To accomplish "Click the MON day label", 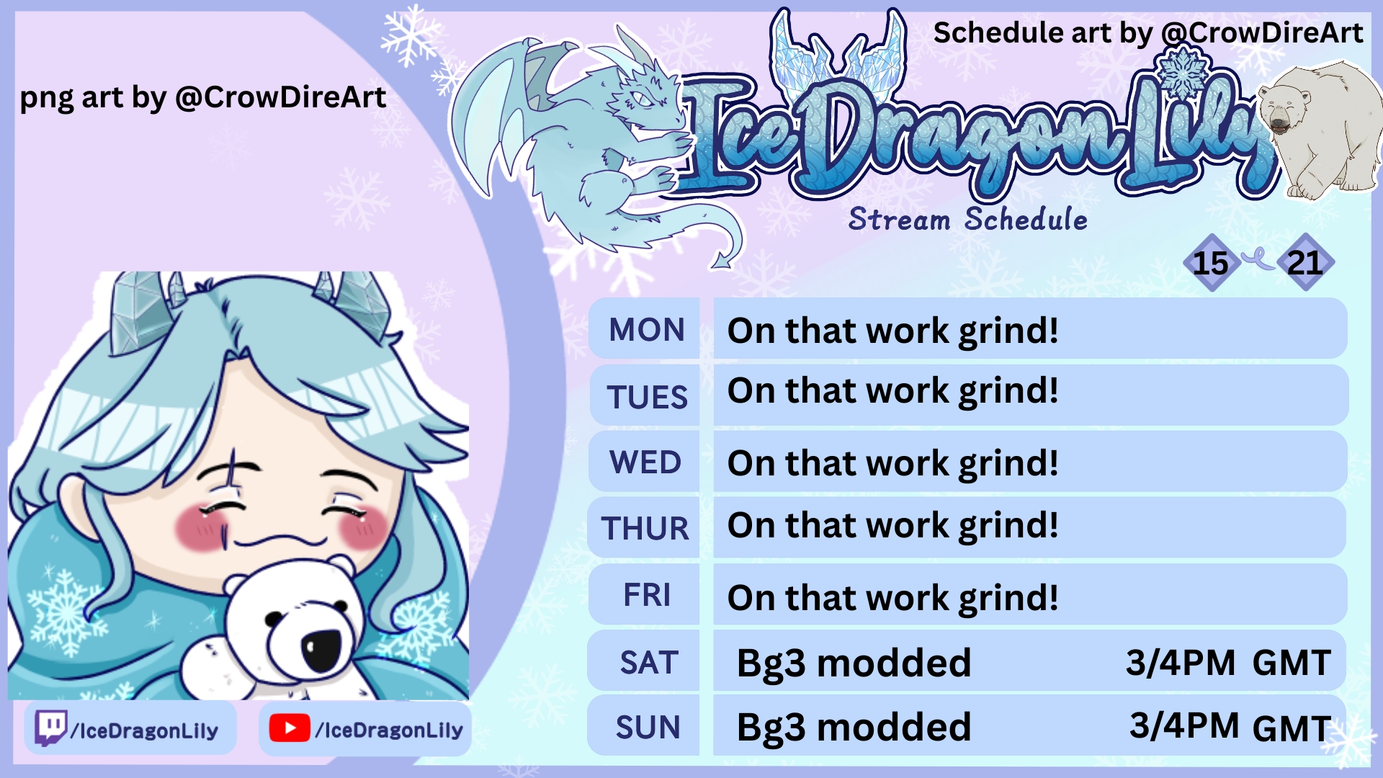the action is click(x=647, y=330).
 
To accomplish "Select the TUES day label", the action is click(x=647, y=398).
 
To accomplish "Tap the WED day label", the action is click(x=645, y=462).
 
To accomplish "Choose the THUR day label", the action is click(x=645, y=529).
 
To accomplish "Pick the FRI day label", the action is click(x=647, y=596).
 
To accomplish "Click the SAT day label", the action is click(x=649, y=663).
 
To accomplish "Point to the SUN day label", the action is click(x=648, y=728).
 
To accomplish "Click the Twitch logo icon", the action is click(x=51, y=728).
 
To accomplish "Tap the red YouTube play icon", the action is click(x=290, y=728).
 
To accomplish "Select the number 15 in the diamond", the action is click(x=1210, y=263).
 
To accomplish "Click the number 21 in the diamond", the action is click(x=1304, y=263).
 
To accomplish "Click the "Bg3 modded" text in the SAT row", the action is click(x=854, y=663).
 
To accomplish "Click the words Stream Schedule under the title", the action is click(x=967, y=219).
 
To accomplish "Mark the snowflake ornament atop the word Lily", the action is click(x=1182, y=72).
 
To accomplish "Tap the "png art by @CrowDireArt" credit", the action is click(x=203, y=97).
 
